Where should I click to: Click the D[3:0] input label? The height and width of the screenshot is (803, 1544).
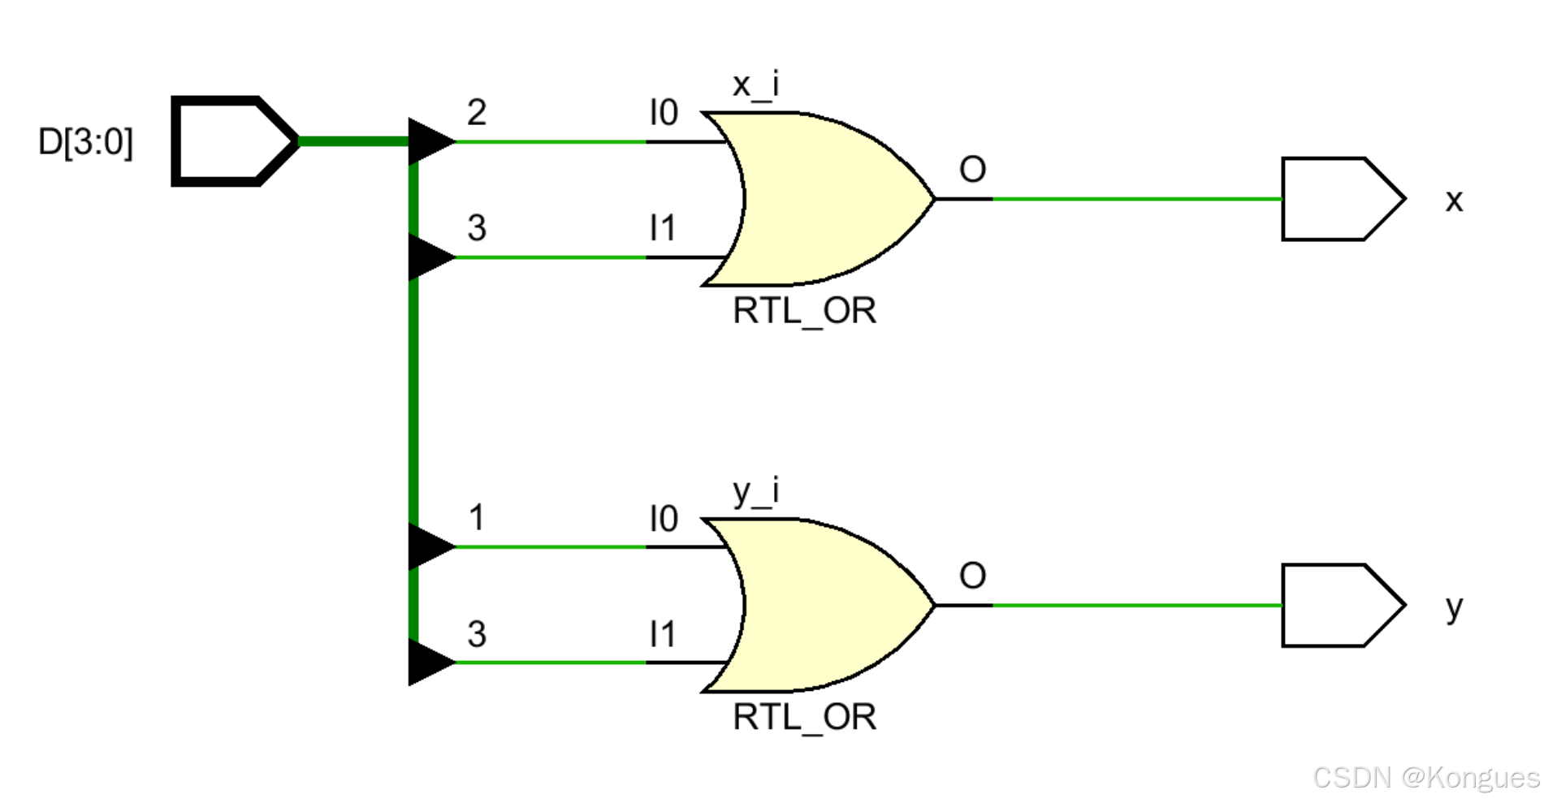pos(85,142)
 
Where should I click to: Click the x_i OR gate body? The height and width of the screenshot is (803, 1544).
pos(820,199)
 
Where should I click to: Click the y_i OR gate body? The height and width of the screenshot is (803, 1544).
pos(820,605)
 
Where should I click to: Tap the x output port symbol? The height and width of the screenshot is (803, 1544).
pos(1341,199)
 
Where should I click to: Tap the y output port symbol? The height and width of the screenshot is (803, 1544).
pos(1341,606)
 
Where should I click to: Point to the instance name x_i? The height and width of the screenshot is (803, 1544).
pos(755,84)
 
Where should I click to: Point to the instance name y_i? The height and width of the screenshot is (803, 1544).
pos(755,491)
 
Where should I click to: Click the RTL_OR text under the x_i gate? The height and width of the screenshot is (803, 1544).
pos(804,311)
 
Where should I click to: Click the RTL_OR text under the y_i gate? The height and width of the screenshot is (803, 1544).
pos(804,718)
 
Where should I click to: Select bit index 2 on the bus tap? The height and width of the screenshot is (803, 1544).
pos(477,112)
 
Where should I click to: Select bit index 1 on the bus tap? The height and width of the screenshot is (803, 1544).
pos(477,518)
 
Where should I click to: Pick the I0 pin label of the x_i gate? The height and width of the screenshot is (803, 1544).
pos(664,113)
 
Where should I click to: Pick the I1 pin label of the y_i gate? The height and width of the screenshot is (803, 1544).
pos(663,634)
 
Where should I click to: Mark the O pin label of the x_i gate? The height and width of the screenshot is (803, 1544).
pos(972,170)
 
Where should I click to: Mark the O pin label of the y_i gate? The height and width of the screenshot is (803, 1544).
pos(972,576)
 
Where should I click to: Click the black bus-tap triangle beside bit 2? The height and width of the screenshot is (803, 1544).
pos(429,141)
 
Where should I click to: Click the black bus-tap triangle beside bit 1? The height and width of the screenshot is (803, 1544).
pos(429,546)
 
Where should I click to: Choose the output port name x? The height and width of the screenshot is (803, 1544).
pos(1454,201)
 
